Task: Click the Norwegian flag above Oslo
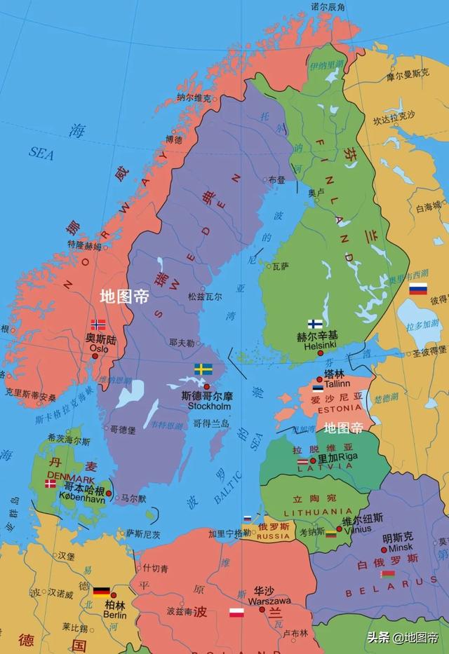click(x=98, y=325)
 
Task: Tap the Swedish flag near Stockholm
click(x=203, y=369)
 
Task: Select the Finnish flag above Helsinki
click(x=315, y=325)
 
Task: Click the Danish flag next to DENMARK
click(x=51, y=483)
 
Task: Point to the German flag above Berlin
click(x=102, y=591)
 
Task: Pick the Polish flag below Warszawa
click(x=236, y=613)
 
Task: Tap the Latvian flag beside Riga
click(x=304, y=461)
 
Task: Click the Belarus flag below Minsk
click(x=387, y=573)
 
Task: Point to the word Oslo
click(x=98, y=347)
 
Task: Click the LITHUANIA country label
click(x=309, y=512)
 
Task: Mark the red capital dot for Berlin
click(x=114, y=595)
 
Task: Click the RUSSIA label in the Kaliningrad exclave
click(x=272, y=536)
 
